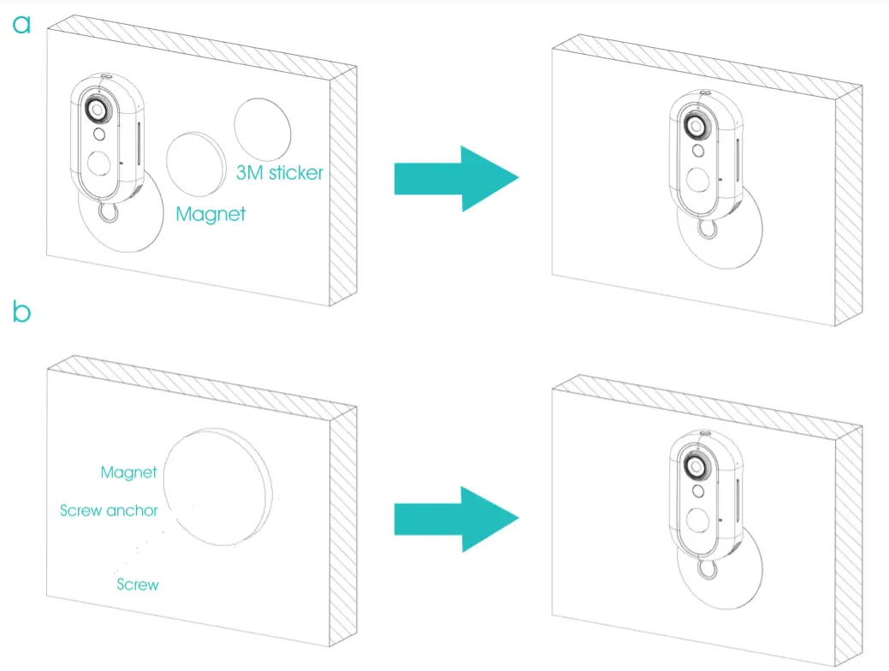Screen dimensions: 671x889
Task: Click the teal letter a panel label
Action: pos(21,24)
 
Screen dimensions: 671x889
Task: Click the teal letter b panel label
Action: pos(21,312)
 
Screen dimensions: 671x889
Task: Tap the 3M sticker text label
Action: pos(280,173)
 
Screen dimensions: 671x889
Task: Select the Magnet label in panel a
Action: pos(210,213)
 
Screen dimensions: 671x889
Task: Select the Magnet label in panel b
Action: pos(128,472)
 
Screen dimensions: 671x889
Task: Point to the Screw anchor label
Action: pos(109,510)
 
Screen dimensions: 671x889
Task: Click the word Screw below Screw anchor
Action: pos(138,585)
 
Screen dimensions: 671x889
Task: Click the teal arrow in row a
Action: pos(456,178)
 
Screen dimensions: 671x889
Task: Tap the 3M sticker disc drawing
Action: pos(263,130)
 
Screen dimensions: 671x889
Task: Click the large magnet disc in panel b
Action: pos(218,484)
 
